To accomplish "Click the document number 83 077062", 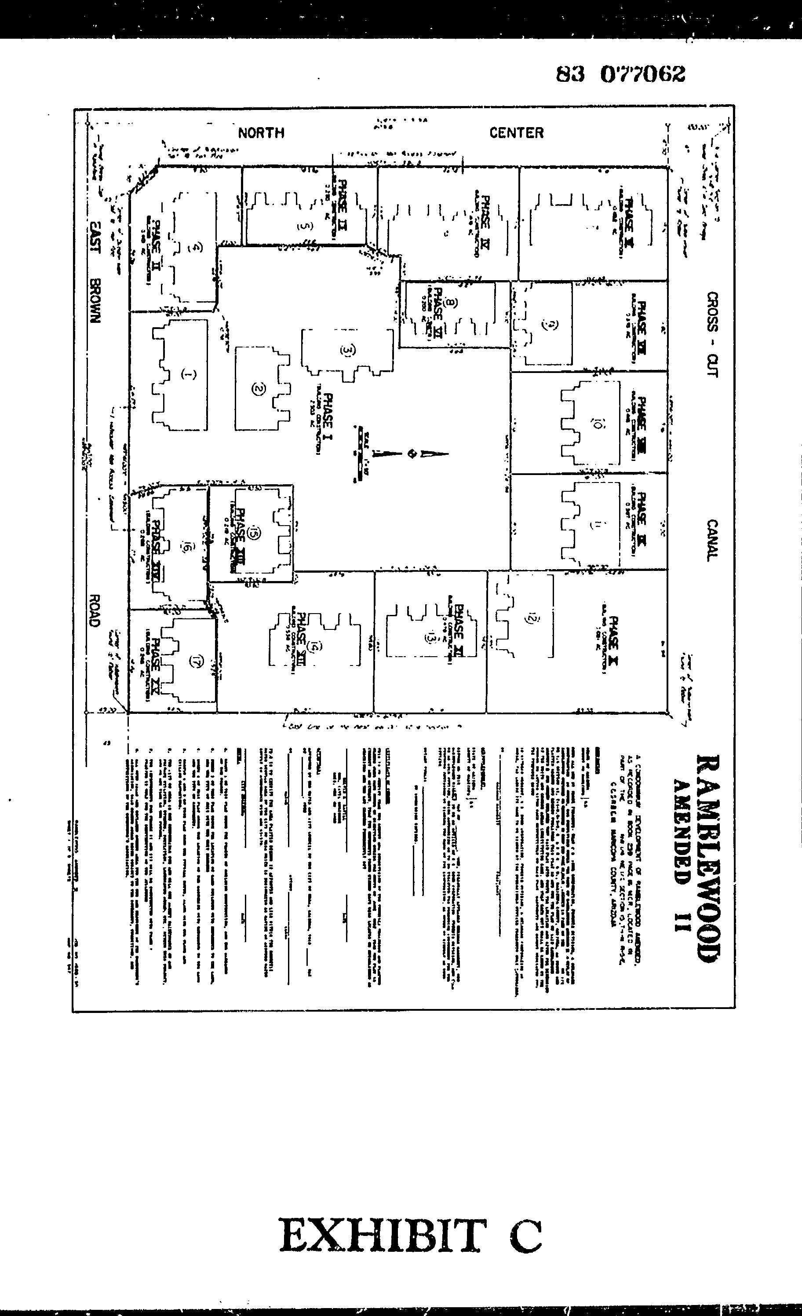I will pos(620,74).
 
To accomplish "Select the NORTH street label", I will pos(261,133).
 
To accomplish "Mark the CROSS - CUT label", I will pos(712,334).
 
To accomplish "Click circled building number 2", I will pos(258,389).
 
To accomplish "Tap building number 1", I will pos(187,374).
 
